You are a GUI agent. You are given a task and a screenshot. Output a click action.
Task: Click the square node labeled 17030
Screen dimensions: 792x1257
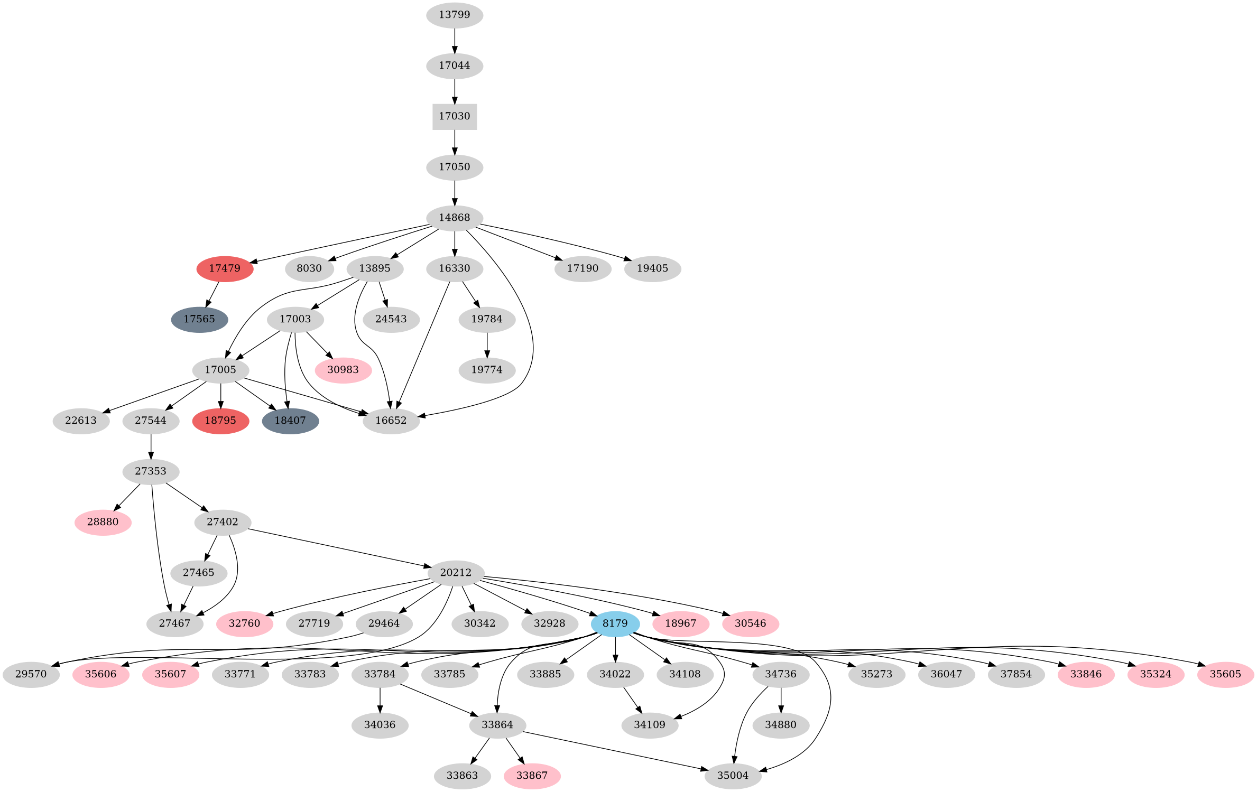[x=455, y=116]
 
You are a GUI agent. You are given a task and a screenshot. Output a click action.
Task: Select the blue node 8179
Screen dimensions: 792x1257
[x=615, y=623]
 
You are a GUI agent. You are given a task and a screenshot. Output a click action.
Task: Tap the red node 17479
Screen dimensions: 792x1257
[x=225, y=268]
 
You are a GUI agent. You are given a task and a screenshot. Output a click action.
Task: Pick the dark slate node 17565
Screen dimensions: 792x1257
[x=199, y=319]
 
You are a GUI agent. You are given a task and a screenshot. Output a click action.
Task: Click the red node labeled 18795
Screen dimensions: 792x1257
[x=220, y=421]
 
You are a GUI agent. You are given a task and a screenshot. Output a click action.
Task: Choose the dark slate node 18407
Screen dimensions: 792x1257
[x=290, y=421]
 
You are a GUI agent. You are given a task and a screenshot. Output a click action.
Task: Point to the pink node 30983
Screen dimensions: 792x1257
[x=343, y=370]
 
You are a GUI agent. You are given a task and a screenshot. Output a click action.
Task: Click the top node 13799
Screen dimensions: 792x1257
[x=455, y=15]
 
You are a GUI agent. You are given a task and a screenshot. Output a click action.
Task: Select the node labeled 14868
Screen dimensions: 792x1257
[x=455, y=218]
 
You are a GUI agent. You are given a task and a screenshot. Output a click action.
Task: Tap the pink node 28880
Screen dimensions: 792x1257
[x=103, y=522]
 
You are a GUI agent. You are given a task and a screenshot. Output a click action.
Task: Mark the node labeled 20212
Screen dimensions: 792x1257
[x=456, y=573]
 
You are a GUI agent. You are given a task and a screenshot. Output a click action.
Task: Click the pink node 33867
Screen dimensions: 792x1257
[x=532, y=776]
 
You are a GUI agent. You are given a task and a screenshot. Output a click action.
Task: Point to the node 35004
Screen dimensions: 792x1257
[x=733, y=776]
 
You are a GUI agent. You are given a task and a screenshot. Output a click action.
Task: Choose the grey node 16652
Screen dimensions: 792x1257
[x=391, y=421]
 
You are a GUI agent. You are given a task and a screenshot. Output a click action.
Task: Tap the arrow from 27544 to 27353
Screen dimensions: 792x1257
[x=151, y=446]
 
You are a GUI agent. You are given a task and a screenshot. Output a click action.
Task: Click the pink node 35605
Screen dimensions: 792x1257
[x=1225, y=674]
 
